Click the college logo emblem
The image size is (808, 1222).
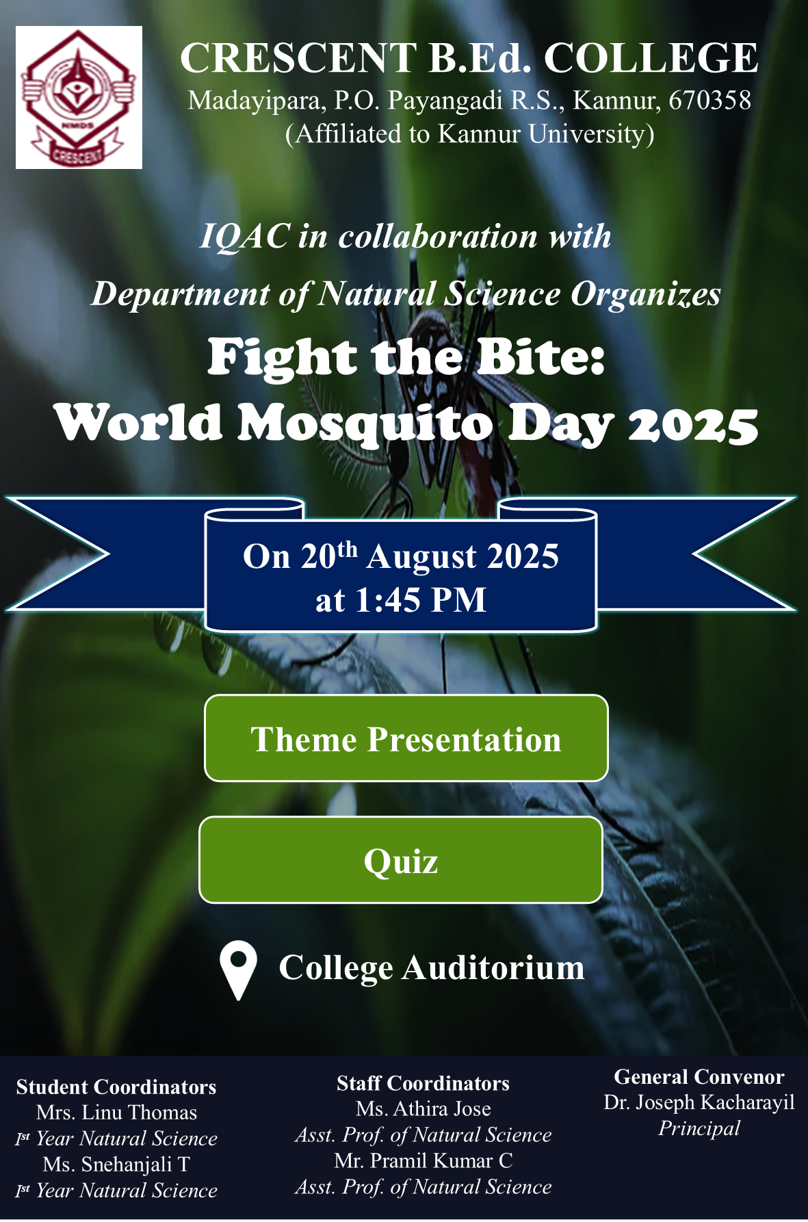79,97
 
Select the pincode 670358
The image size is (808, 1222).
710,101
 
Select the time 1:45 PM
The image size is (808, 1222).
421,600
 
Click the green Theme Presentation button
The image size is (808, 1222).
406,738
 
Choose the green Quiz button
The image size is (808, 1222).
401,860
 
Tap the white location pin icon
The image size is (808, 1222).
238,970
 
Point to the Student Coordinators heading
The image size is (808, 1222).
116,1087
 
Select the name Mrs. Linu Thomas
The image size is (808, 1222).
117,1113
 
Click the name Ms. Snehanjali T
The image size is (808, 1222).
116,1164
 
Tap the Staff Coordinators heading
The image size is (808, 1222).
423,1083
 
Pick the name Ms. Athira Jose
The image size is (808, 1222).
423,1108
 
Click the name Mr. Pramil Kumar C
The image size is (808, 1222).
423,1160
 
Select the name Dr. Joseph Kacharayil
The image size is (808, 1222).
699,1102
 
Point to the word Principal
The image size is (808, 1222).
699,1128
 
